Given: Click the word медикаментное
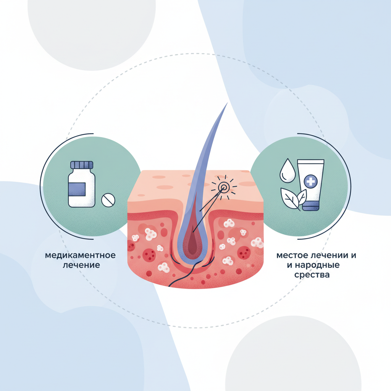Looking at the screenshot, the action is coord(80,255).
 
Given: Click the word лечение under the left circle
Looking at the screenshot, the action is coord(81,265).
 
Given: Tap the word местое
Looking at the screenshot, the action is coord(292,255).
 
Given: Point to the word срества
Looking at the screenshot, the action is coord(312,275).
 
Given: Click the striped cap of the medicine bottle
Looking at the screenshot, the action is coord(82,165).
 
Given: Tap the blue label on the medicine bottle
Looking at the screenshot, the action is coord(77,189).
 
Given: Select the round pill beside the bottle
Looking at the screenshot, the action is coord(108,200).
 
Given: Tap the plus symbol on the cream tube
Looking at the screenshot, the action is coord(311,181).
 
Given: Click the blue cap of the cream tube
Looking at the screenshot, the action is coord(311,206).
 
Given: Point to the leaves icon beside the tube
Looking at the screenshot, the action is coord(294,198).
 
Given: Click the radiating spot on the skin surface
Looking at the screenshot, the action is coord(223,187).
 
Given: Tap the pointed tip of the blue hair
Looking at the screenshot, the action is coord(228,102).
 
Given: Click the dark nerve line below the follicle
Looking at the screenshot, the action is coord(191,272).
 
